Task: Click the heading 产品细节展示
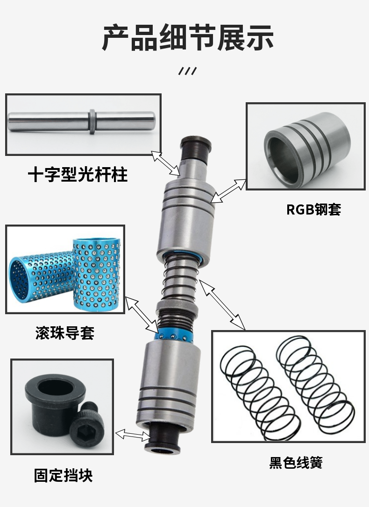click(x=187, y=38)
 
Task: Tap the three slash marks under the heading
click(x=187, y=71)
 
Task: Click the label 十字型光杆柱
click(x=78, y=175)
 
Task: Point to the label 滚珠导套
click(x=65, y=333)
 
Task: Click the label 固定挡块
click(x=63, y=475)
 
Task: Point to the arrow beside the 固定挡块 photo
click(x=133, y=435)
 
